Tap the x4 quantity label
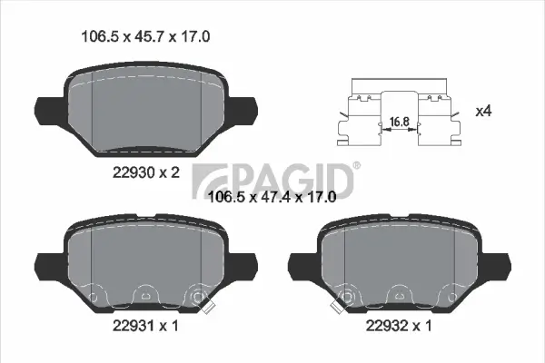[485, 111]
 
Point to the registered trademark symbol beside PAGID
[356, 165]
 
